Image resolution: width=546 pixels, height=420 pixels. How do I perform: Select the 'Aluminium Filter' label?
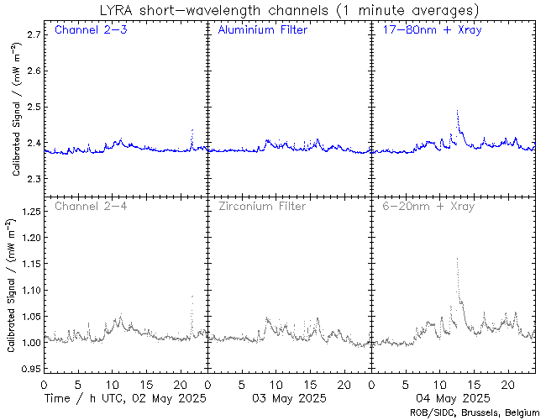click(x=262, y=30)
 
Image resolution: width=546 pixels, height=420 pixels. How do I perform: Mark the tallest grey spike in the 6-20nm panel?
click(x=457, y=259)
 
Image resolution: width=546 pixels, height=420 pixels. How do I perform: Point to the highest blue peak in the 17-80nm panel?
click(x=457, y=111)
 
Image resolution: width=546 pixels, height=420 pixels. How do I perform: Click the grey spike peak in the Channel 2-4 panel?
click(x=192, y=296)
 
